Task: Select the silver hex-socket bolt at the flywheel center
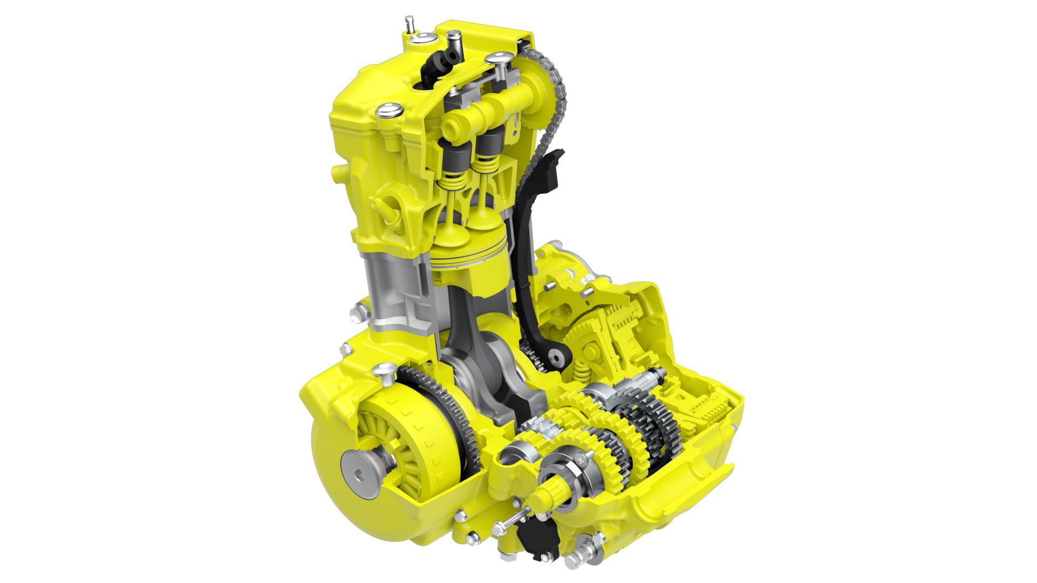[x=360, y=473]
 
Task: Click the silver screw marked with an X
[x=581, y=460]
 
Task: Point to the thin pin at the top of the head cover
[x=409, y=24]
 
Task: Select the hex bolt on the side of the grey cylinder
[x=359, y=313]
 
